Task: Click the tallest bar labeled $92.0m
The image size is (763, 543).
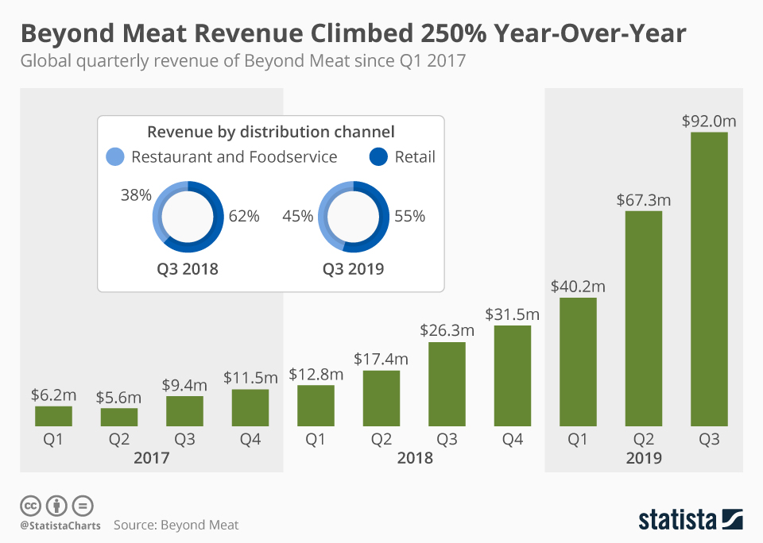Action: [x=709, y=279]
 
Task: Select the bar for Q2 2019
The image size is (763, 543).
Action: [x=644, y=318]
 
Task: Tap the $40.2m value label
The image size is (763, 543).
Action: [x=578, y=286]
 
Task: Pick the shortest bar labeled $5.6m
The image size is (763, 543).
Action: [x=118, y=417]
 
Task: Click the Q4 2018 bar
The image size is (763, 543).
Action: [x=513, y=375]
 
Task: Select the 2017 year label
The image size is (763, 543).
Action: [x=151, y=458]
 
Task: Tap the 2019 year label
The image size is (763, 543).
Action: [x=644, y=458]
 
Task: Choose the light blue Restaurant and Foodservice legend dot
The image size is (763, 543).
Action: [x=115, y=157]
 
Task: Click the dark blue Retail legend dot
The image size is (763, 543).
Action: [x=379, y=157]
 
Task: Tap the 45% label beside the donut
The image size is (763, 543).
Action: [x=298, y=216]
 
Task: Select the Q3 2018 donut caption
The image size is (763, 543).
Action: [x=187, y=269]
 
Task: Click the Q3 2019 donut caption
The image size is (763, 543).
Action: [x=353, y=269]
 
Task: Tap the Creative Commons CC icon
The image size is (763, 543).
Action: [x=30, y=505]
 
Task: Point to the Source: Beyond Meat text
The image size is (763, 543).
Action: [x=176, y=525]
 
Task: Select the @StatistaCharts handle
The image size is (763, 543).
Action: [x=60, y=525]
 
